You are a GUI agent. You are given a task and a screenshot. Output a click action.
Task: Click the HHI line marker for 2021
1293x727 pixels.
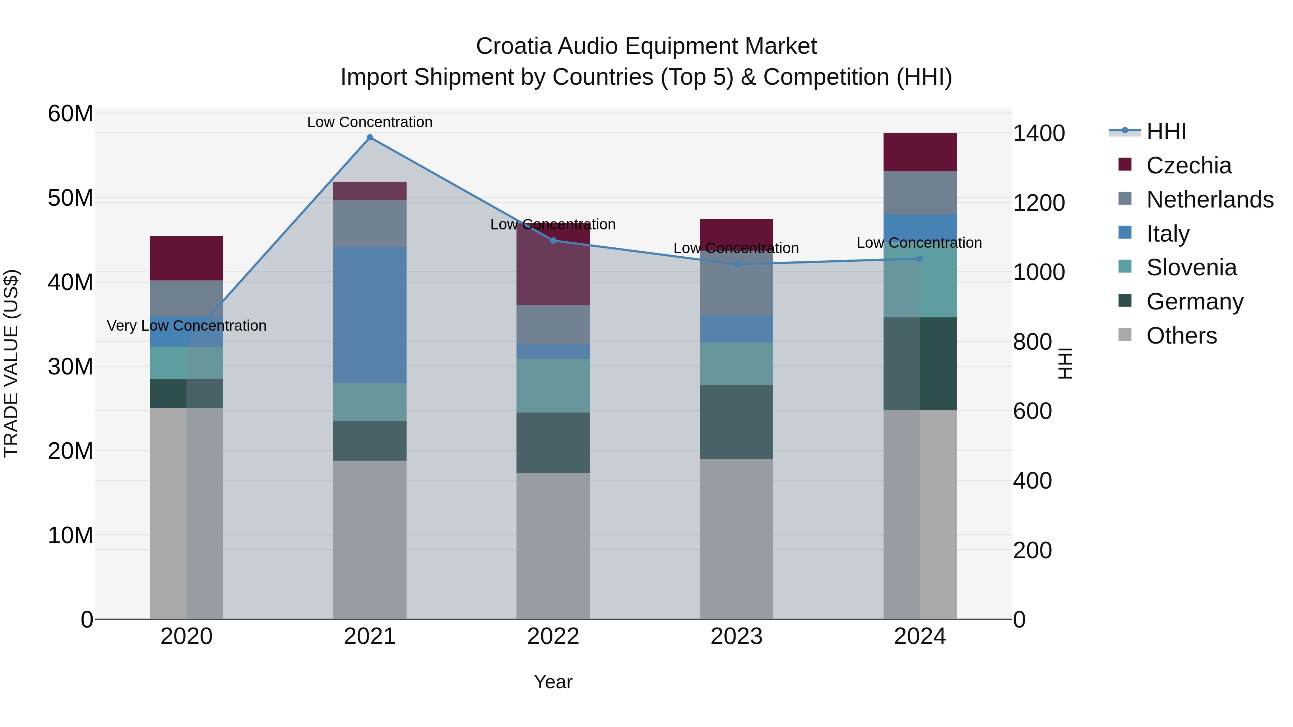pos(370,138)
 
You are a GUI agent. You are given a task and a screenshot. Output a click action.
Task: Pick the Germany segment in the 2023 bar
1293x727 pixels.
pos(736,422)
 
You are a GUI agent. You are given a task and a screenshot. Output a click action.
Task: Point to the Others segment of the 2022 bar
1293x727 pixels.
pos(553,546)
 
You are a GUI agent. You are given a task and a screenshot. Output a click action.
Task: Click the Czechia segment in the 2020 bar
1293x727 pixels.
pos(186,258)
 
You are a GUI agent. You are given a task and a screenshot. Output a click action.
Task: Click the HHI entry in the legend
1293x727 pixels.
pos(1166,131)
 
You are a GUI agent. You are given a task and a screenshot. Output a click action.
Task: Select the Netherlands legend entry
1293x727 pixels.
pos(1209,200)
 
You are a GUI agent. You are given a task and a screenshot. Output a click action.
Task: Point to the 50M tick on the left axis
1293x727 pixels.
pos(70,198)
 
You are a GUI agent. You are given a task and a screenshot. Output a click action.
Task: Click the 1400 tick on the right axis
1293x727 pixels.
pos(1038,134)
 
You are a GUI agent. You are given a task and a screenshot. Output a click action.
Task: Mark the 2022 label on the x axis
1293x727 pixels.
pos(553,637)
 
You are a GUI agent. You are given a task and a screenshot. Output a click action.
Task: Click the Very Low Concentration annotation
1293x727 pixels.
pos(187,326)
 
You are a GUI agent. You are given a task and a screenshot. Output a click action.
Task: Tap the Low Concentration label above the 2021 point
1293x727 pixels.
pos(370,122)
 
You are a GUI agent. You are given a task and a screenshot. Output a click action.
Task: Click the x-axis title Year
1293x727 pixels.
pos(553,682)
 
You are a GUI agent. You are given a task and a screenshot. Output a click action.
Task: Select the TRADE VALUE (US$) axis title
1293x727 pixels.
pos(11,363)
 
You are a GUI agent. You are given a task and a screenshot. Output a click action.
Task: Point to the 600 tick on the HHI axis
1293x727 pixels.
pos(1032,411)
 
